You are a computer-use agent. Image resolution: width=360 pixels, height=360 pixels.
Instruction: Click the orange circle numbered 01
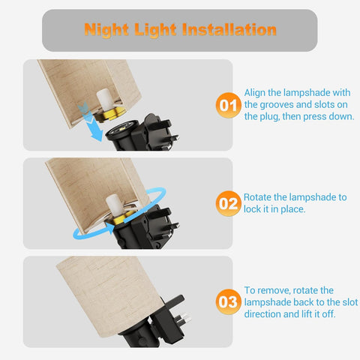pos(229,105)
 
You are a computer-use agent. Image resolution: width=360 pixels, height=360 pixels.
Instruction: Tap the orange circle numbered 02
pos(229,203)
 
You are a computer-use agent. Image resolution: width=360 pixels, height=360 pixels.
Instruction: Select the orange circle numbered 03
pos(229,301)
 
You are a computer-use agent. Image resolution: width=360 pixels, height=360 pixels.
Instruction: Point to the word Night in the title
pos(106,30)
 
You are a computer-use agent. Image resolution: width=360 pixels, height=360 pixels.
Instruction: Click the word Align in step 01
pos(255,93)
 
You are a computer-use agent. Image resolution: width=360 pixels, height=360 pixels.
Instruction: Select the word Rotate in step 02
pos(257,197)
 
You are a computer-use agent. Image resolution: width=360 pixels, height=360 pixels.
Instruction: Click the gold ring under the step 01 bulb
pos(109,114)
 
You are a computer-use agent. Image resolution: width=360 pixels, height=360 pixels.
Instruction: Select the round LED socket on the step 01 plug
pos(122,130)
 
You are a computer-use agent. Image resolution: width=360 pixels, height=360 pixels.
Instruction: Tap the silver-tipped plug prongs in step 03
pos(183,319)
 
